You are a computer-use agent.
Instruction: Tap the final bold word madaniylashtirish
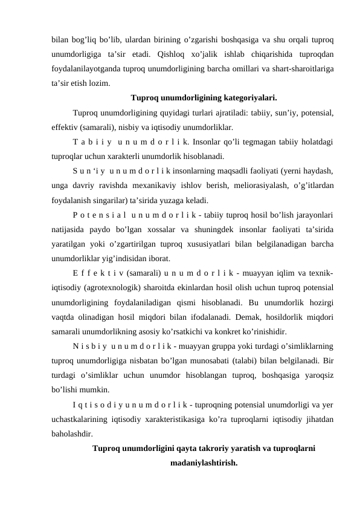pyautogui.click(x=204, y=463)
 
